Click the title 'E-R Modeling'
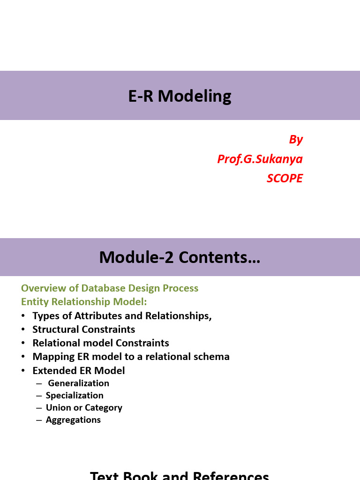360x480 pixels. click(180, 96)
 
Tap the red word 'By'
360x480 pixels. click(296, 139)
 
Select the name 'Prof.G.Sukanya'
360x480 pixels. click(260, 159)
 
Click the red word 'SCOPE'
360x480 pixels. click(285, 178)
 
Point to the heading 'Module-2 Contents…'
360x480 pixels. click(180, 257)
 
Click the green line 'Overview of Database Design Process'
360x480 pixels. click(110, 288)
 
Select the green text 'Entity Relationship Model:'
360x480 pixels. click(84, 301)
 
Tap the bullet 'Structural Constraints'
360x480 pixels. click(84, 329)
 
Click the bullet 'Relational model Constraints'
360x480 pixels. click(101, 343)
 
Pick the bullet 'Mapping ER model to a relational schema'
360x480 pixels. click(131, 356)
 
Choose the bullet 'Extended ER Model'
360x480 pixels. click(79, 370)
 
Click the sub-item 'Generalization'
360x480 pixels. click(79, 383)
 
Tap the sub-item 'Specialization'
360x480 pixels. click(75, 395)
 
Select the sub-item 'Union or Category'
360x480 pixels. click(84, 407)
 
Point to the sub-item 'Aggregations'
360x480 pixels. click(73, 420)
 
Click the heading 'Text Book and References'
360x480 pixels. click(180, 475)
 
